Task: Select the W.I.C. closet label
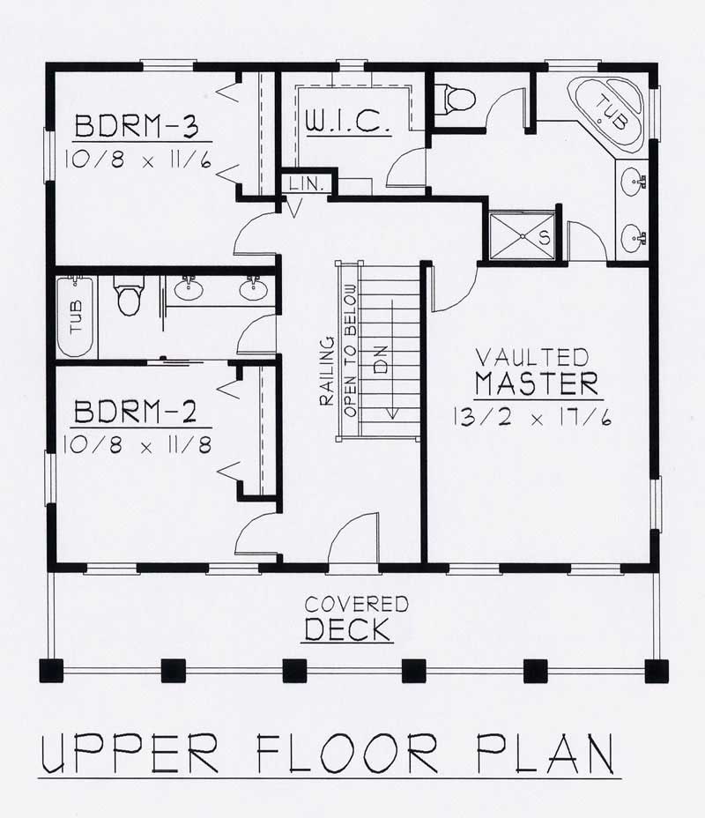pos(347,123)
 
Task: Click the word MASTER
pos(537,384)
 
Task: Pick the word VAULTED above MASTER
pos(531,357)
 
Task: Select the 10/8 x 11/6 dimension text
pos(139,160)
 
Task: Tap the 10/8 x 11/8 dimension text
pos(139,445)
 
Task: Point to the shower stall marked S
pos(523,235)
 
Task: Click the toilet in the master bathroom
pos(459,97)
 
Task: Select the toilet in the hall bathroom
pos(129,295)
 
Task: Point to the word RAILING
pos(326,370)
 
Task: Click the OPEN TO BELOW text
pos(350,350)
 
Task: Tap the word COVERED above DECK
pos(356,605)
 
